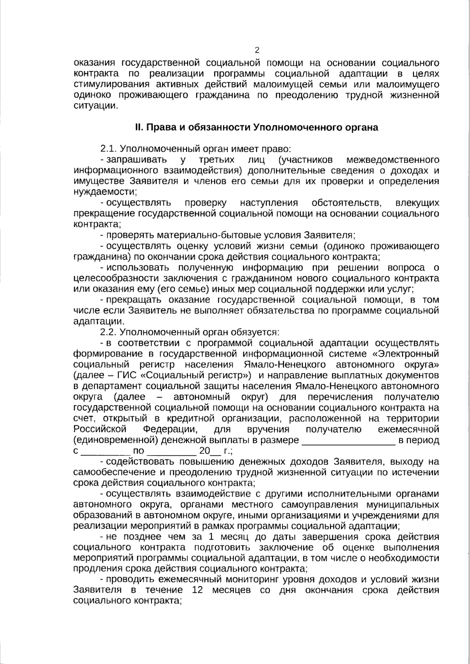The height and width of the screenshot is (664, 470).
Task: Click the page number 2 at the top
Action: pyautogui.click(x=257, y=50)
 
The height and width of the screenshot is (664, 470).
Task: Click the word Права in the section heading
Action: pyautogui.click(x=158, y=128)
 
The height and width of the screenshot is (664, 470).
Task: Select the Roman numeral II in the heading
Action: pyautogui.click(x=138, y=128)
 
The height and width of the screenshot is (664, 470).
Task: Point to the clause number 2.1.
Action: pyautogui.click(x=108, y=149)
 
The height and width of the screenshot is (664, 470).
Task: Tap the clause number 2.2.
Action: pyautogui.click(x=108, y=333)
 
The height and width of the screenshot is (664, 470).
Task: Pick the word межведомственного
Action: pyautogui.click(x=393, y=160)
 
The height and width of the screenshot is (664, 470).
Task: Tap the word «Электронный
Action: pyautogui.click(x=405, y=354)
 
